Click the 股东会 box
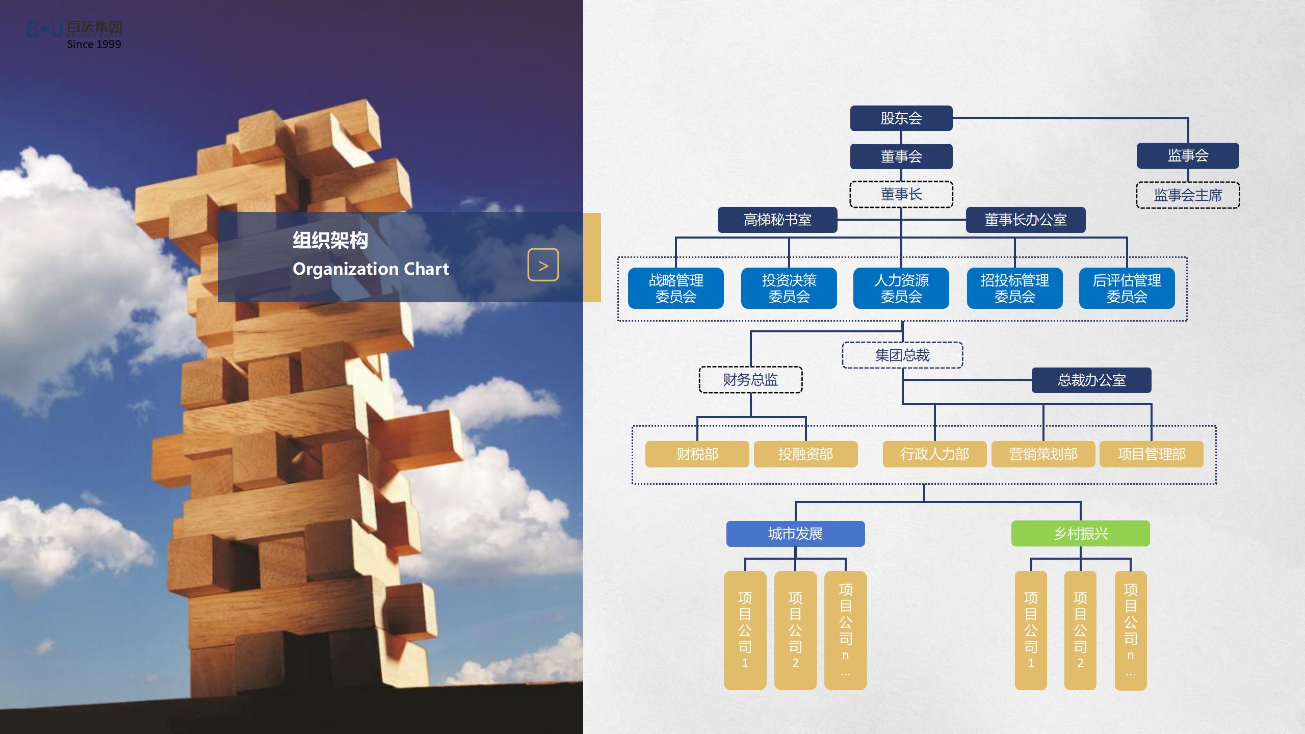click(x=901, y=118)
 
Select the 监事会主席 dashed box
click(x=1188, y=195)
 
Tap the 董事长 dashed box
click(x=901, y=194)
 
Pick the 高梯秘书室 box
click(x=777, y=220)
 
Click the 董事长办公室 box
click(x=1025, y=220)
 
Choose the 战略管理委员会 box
click(x=675, y=288)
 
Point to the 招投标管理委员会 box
click(x=1014, y=288)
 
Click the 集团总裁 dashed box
click(x=902, y=355)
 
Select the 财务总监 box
click(x=750, y=380)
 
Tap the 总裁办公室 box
click(x=1091, y=380)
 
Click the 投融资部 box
click(x=805, y=454)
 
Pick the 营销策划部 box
click(x=1043, y=454)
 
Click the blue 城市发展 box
click(x=795, y=534)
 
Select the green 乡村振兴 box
click(x=1080, y=534)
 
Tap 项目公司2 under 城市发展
click(x=795, y=630)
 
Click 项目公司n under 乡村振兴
click(x=1130, y=630)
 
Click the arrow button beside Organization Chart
click(x=543, y=265)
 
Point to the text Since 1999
click(x=94, y=44)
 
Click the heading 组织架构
click(x=330, y=240)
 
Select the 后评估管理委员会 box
click(x=1127, y=288)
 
